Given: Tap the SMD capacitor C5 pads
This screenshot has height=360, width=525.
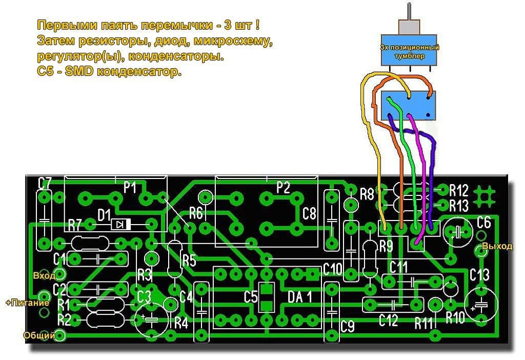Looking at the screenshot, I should coord(266,297).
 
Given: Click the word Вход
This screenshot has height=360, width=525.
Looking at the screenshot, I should coord(44,275).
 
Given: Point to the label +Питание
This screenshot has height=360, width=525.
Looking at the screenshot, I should coord(27,303).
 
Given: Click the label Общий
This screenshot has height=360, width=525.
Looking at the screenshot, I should coord(39,336).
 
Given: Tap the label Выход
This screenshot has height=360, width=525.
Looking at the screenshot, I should coord(501,246).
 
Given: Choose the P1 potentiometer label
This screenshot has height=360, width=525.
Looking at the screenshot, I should coord(130,188).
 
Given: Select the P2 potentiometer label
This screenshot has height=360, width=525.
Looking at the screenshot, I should coord(282,188).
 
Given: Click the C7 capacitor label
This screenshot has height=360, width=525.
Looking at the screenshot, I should coord(45,182).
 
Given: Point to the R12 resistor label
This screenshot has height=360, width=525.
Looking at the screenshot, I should coord(458,191).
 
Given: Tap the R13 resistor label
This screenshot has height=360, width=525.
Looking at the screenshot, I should coord(458,206).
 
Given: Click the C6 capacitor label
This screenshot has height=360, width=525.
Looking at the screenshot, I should coord(483,222).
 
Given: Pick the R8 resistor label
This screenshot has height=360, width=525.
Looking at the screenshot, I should coord(367,194).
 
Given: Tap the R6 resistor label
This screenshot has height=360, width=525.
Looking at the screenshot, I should coord(196,212).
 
